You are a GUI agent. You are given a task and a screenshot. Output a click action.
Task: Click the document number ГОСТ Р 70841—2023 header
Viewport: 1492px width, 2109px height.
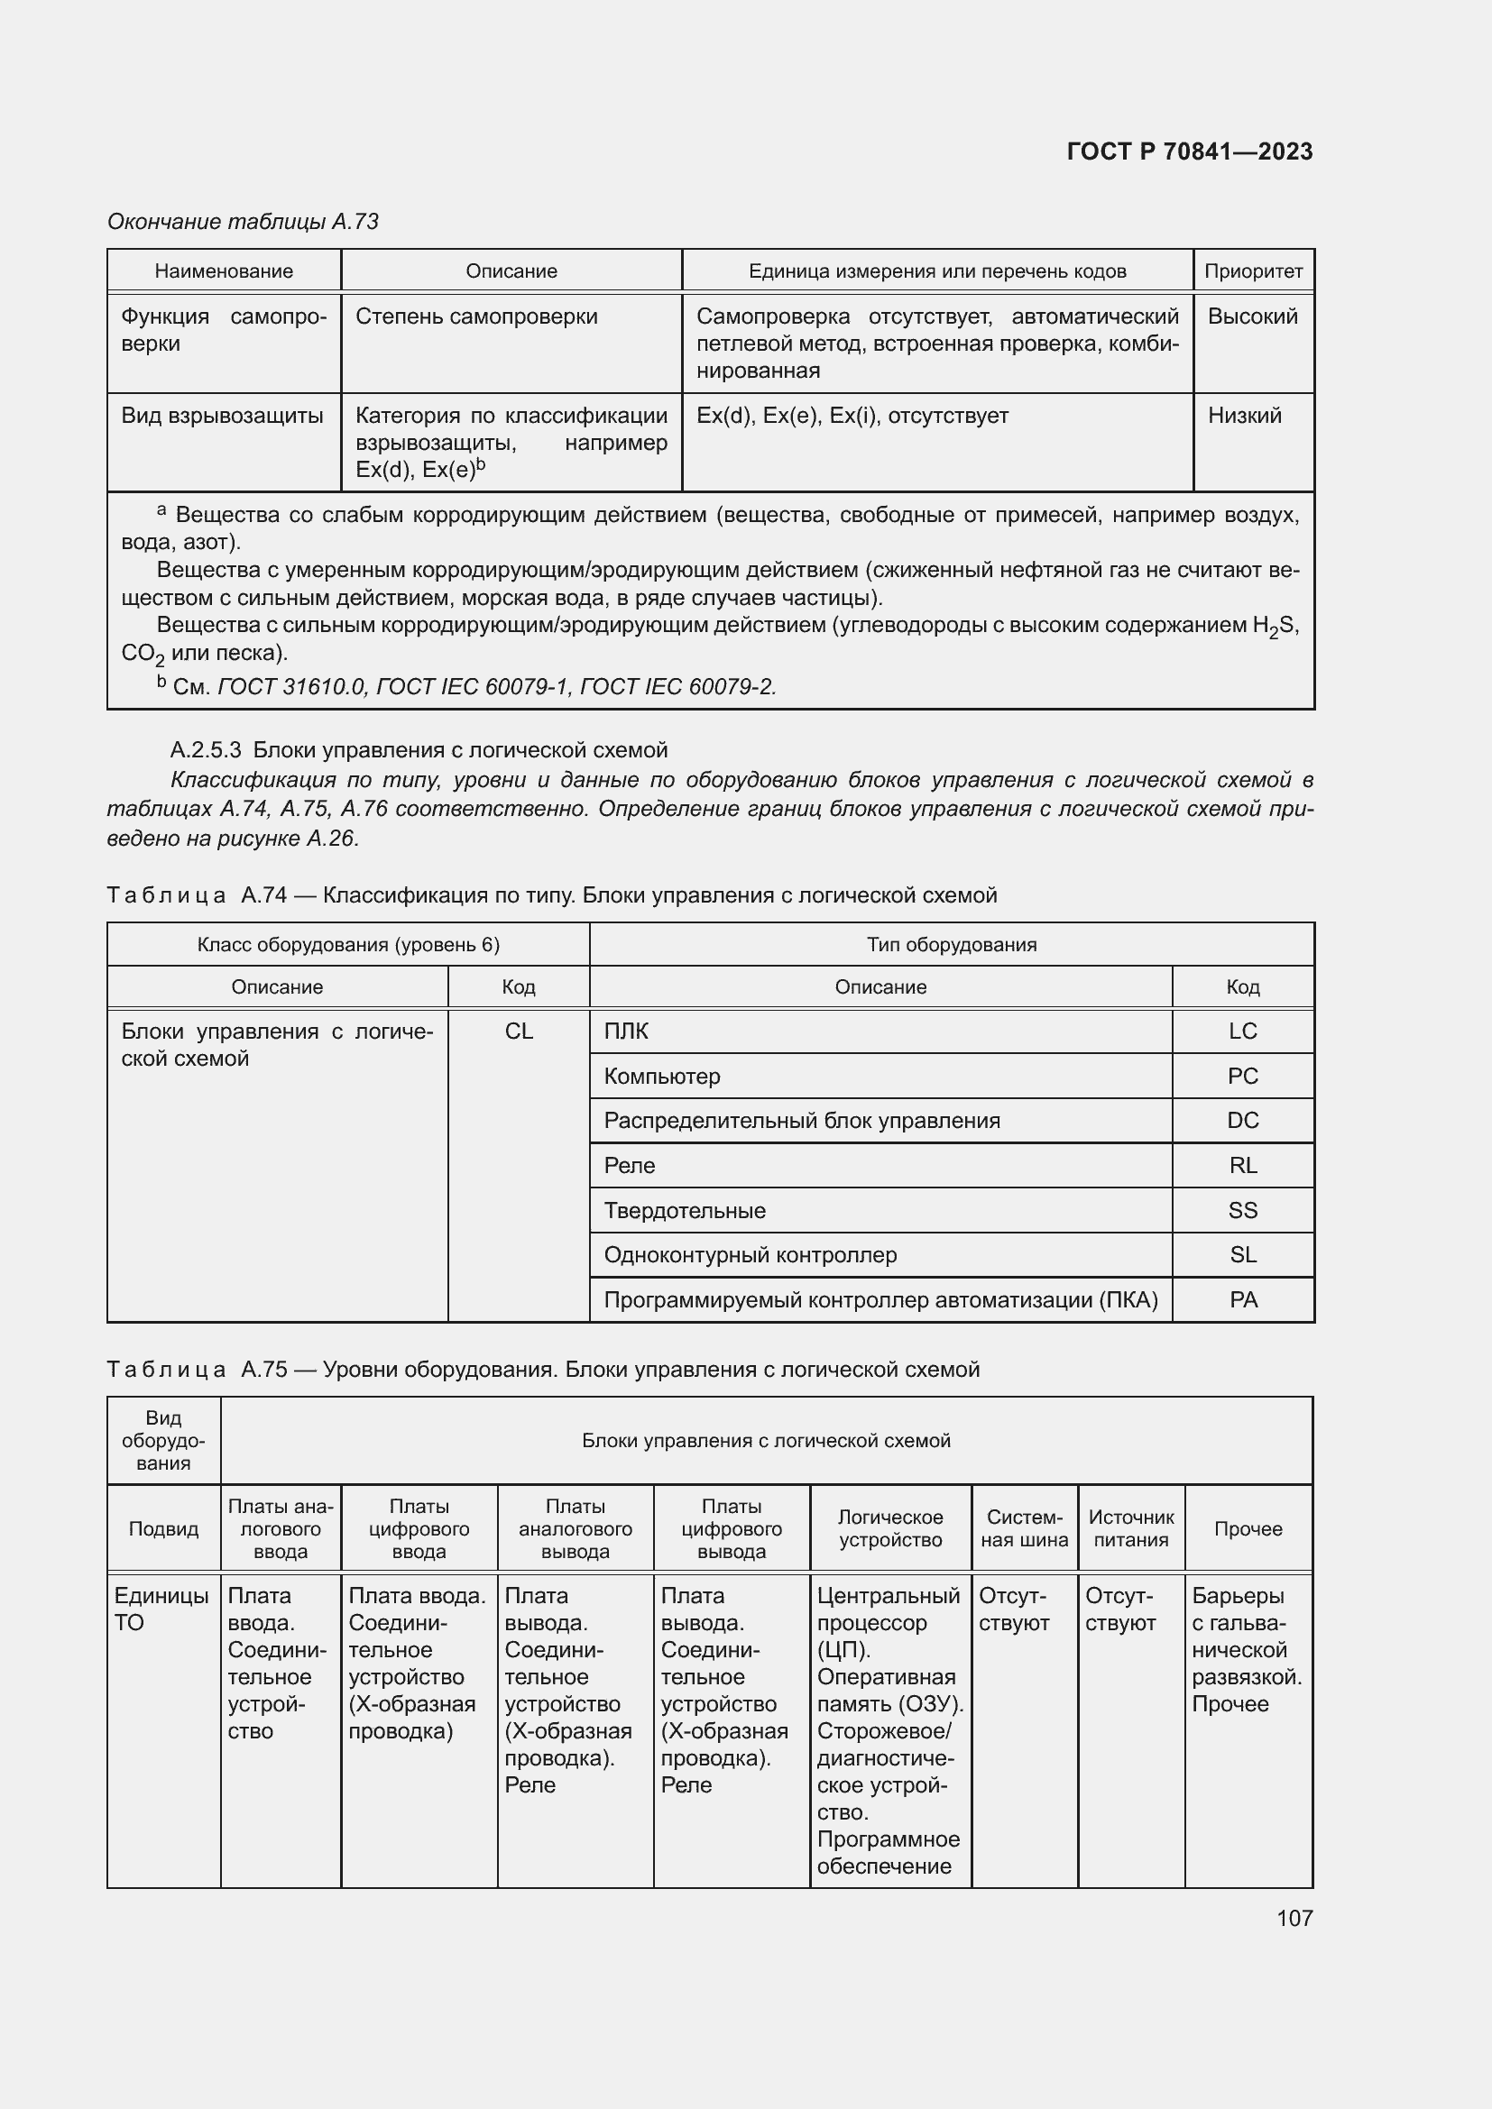coord(1189,151)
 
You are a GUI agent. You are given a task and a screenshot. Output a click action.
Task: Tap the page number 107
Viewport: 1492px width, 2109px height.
coord(1294,1917)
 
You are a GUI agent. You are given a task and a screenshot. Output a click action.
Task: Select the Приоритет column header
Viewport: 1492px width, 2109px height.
coord(1252,271)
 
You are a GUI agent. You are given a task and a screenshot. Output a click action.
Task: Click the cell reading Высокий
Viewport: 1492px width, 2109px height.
coord(1251,316)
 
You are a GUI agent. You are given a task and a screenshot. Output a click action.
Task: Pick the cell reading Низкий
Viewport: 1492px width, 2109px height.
coord(1244,416)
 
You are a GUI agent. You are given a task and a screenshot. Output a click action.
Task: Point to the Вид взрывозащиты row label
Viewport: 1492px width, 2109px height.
coord(222,416)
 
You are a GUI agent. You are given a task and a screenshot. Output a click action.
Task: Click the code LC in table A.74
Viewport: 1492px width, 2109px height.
coord(1242,1031)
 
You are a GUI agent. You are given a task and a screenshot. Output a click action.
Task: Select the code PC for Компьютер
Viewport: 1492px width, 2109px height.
coord(1242,1076)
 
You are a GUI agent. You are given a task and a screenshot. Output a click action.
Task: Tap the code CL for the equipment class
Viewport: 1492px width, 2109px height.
coord(518,1031)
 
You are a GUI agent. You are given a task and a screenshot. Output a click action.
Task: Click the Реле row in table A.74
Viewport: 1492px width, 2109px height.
coord(630,1166)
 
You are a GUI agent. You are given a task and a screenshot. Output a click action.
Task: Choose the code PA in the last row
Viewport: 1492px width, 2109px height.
coord(1242,1300)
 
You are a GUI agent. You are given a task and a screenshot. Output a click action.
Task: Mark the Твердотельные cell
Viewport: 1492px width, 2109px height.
coord(685,1211)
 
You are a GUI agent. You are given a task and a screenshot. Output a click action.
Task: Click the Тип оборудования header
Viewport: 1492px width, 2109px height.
coord(951,944)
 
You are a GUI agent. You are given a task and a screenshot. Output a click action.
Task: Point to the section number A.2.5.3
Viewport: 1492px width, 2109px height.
coord(206,750)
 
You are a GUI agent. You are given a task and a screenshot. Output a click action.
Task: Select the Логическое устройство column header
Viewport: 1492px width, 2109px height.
coord(889,1528)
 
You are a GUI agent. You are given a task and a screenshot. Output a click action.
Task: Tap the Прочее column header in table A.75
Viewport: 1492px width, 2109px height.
coord(1248,1528)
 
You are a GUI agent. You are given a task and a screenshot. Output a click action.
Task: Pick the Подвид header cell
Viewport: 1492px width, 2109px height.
coord(163,1528)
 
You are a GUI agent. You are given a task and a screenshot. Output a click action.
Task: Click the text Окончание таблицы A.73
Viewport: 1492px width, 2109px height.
coord(243,222)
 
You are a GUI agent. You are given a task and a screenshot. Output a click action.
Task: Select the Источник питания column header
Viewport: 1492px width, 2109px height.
coord(1131,1528)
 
